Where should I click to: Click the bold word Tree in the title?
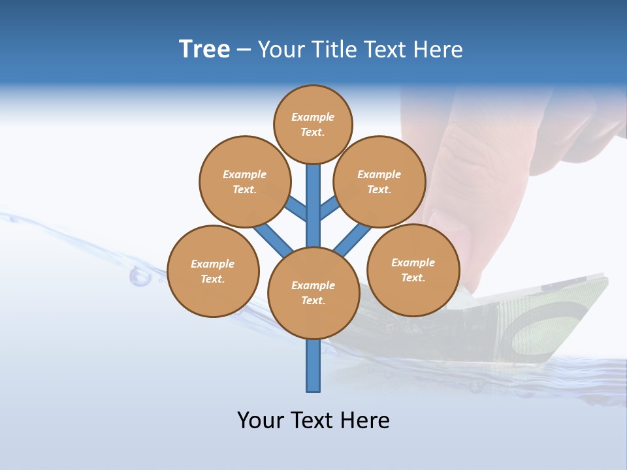tap(204, 50)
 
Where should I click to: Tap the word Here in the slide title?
tap(438, 50)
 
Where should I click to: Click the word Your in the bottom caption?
tap(259, 420)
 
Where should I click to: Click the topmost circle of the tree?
tap(313, 124)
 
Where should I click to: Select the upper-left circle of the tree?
tap(244, 181)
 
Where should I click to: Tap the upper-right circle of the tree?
tap(379, 181)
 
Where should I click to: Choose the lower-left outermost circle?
tap(213, 271)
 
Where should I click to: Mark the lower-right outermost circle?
tap(413, 270)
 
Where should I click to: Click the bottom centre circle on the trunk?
tap(313, 292)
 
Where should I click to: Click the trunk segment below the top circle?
tap(313, 196)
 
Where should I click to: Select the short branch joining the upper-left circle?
tap(297, 210)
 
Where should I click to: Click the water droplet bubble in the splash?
tap(140, 277)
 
